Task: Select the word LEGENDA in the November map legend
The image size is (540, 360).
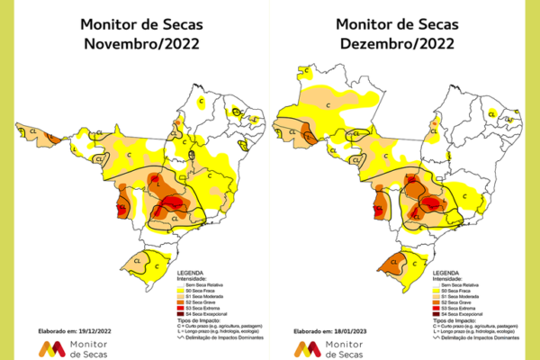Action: coord(192,272)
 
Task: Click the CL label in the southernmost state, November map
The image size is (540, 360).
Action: coord(139,261)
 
